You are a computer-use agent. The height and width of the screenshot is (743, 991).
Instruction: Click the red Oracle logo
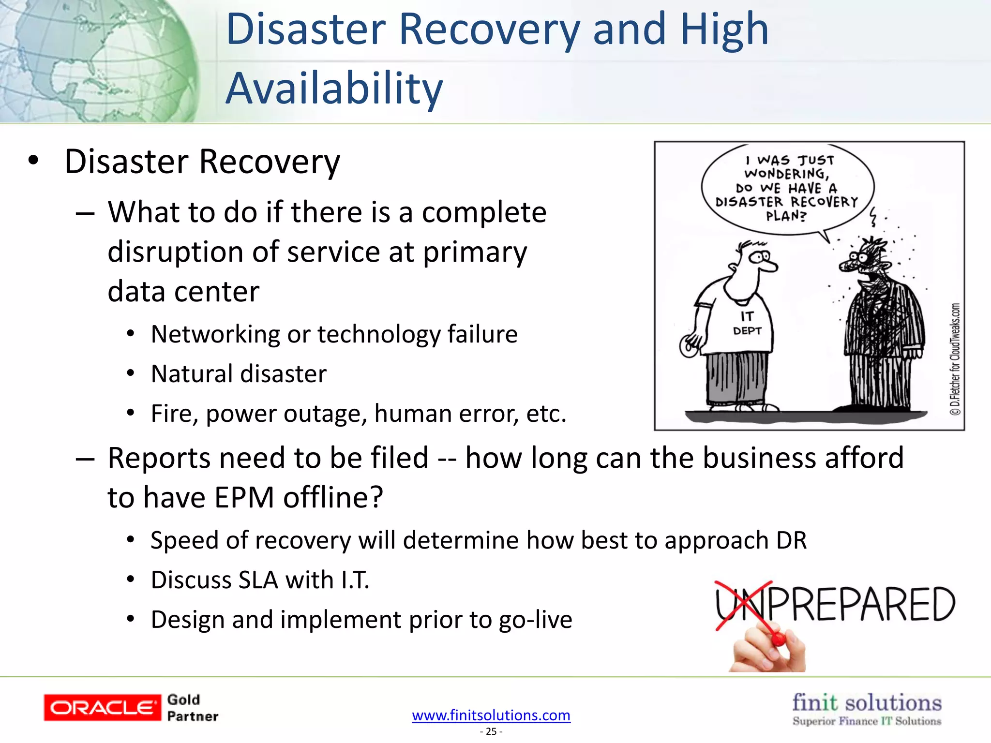pyautogui.click(x=102, y=708)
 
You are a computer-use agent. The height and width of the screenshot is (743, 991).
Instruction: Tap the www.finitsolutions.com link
pyautogui.click(x=491, y=715)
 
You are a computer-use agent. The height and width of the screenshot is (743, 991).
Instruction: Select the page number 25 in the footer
pyautogui.click(x=491, y=731)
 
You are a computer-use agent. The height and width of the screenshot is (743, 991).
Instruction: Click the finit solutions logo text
pyautogui.click(x=867, y=703)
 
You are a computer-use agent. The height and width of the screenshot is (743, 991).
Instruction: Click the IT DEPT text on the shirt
pyautogui.click(x=747, y=324)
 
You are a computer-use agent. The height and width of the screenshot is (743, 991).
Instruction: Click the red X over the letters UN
pyautogui.click(x=743, y=605)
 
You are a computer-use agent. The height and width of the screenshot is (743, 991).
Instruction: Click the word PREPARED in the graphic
pyautogui.click(x=861, y=605)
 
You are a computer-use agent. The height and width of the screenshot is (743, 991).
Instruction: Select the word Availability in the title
pyautogui.click(x=334, y=89)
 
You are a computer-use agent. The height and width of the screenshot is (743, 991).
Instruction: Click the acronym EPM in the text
pyautogui.click(x=244, y=497)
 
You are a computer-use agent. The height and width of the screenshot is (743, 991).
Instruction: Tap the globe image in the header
pyautogui.click(x=97, y=60)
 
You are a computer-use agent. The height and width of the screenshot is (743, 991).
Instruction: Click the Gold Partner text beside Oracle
pyautogui.click(x=192, y=708)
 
